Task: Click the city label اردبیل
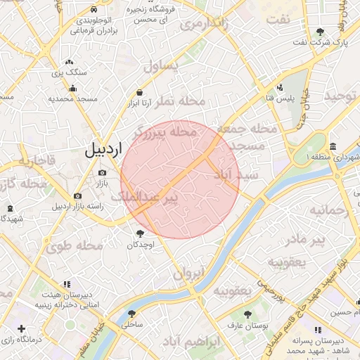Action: click(103, 150)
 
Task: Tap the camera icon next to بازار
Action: click(103, 172)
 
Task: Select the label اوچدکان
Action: click(140, 245)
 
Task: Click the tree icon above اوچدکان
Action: click(140, 233)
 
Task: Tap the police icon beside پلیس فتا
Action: click(281, 88)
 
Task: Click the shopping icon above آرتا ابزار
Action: click(140, 93)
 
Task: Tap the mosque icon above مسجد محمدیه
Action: click(72, 89)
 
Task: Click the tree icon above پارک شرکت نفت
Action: click(321, 32)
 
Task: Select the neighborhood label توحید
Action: click(341, 96)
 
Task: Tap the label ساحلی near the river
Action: click(131, 325)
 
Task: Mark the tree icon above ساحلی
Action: click(131, 314)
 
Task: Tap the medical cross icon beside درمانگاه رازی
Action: click(21, 328)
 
